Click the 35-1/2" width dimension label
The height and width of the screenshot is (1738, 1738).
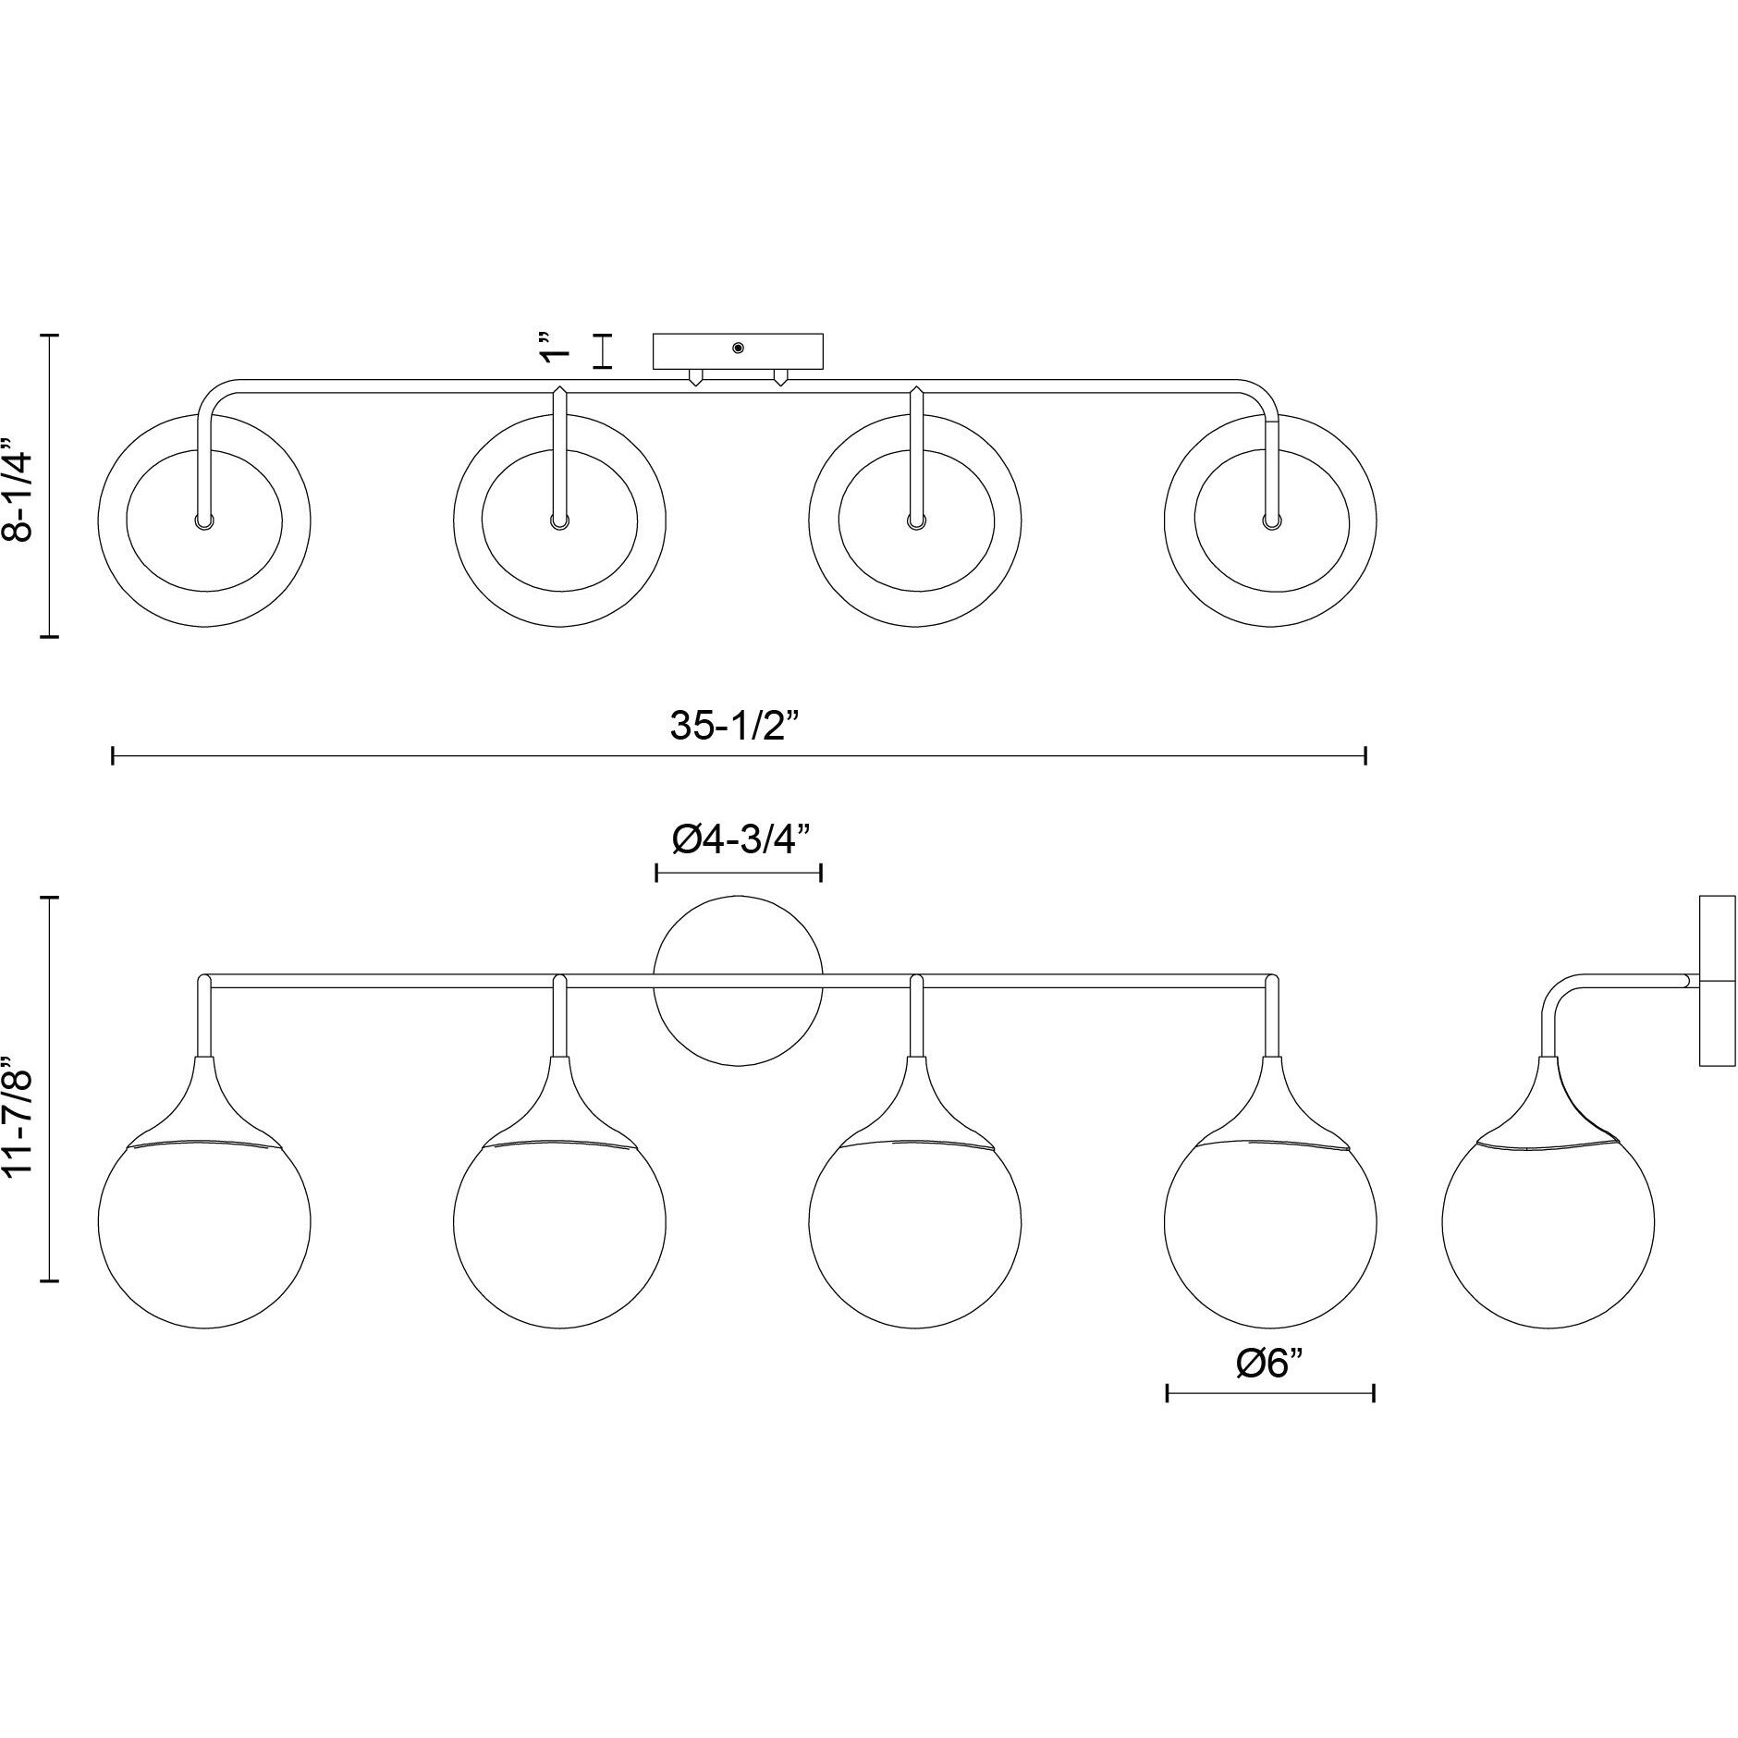[733, 727]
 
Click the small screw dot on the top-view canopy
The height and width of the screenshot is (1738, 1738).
[738, 348]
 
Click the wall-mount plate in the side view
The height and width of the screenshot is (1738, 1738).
[1717, 993]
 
